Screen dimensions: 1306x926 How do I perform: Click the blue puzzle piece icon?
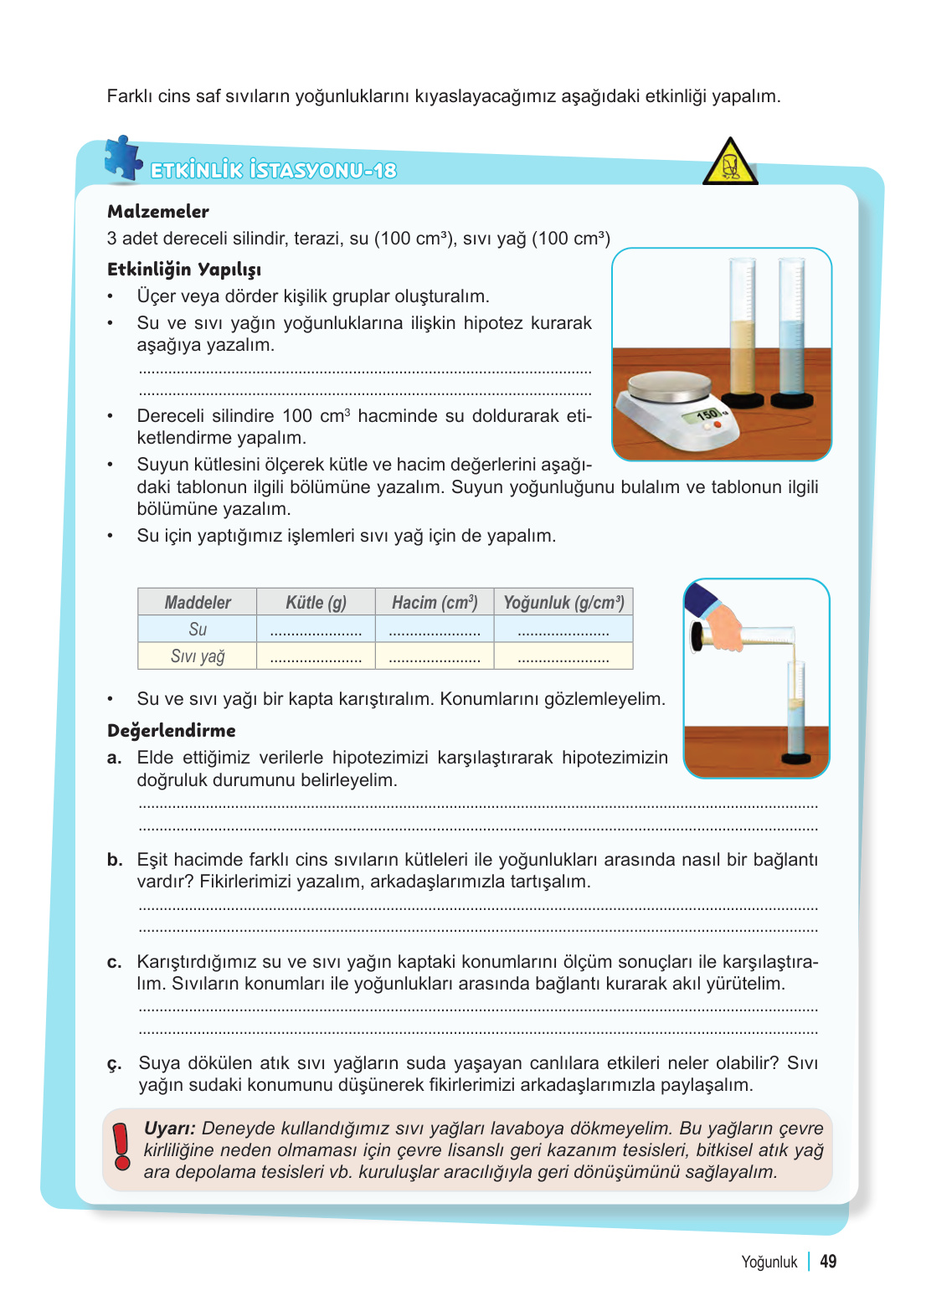click(x=123, y=158)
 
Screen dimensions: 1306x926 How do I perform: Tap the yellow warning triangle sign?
click(x=730, y=163)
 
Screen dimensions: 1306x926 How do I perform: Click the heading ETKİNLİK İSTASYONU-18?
click(x=273, y=171)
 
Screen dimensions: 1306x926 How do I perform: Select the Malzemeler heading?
click(x=158, y=212)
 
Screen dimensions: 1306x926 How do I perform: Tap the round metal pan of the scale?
click(x=669, y=386)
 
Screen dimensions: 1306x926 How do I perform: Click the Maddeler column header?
click(x=198, y=603)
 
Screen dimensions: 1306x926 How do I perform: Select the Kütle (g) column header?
click(x=316, y=603)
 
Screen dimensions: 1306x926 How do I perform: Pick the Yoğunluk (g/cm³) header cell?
click(x=563, y=603)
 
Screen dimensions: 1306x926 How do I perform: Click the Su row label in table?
click(x=198, y=630)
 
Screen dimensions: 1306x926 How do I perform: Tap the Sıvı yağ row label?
click(x=198, y=656)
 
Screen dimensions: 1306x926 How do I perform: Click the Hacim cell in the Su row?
click(x=435, y=630)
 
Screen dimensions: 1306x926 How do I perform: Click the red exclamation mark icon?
click(x=122, y=1146)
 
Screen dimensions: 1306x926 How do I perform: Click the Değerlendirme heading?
click(x=172, y=731)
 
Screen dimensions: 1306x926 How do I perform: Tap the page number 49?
click(x=828, y=1262)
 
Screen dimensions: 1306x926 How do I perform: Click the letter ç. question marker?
click(x=115, y=1064)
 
